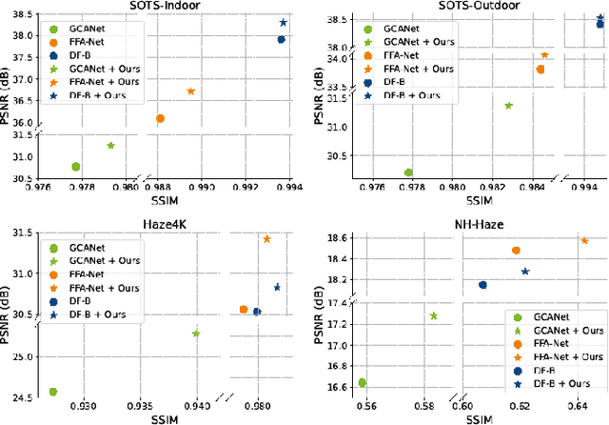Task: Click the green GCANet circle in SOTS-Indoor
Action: point(75,167)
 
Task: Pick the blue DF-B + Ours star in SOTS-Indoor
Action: point(284,22)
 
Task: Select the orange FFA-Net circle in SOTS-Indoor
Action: point(160,118)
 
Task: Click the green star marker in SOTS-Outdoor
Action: point(508,106)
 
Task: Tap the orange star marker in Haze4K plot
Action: point(266,239)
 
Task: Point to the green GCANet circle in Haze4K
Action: point(53,392)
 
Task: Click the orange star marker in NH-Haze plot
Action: point(584,241)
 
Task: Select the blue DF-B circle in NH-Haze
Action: point(482,285)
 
